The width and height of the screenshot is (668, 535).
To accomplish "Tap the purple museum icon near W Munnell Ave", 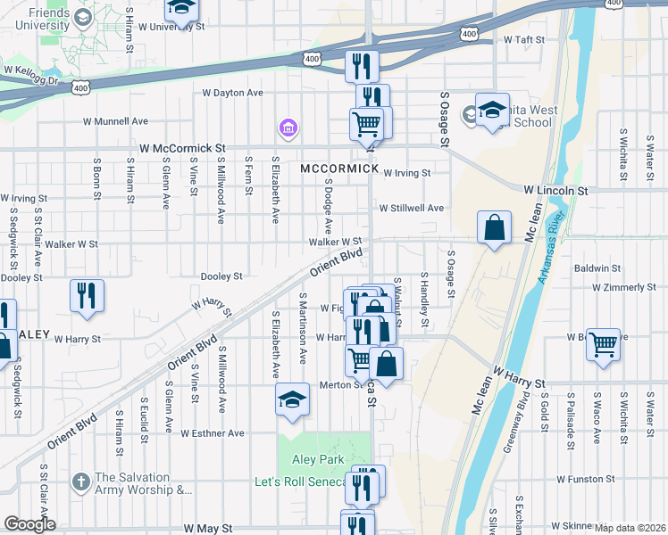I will coord(288,130).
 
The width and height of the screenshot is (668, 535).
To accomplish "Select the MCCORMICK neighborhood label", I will coord(339,169).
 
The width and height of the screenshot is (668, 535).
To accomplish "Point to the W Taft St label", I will coord(524,40).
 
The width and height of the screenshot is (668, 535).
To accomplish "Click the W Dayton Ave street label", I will coord(232,93).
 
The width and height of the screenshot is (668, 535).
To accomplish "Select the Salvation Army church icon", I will coord(81,481).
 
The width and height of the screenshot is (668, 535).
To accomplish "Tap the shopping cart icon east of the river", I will coord(604,343).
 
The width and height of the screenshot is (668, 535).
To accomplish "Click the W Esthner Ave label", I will coord(212,433).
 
